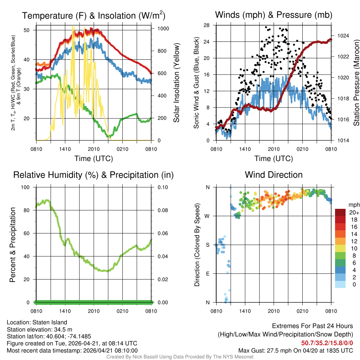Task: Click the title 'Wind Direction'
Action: [274, 175]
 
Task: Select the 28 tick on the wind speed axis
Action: [207, 25]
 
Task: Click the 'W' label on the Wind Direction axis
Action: [207, 216]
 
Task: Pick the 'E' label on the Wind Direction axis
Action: [208, 274]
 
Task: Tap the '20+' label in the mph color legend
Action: [354, 212]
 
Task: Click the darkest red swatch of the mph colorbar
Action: [340, 212]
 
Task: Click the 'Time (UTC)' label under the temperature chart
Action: [94, 159]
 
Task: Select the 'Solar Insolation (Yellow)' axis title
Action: [176, 83]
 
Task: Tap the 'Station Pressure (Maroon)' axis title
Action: [356, 83]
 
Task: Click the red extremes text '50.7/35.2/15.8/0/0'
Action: [327, 342]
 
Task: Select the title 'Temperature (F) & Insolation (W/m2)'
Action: [94, 15]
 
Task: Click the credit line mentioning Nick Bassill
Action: [180, 357]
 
